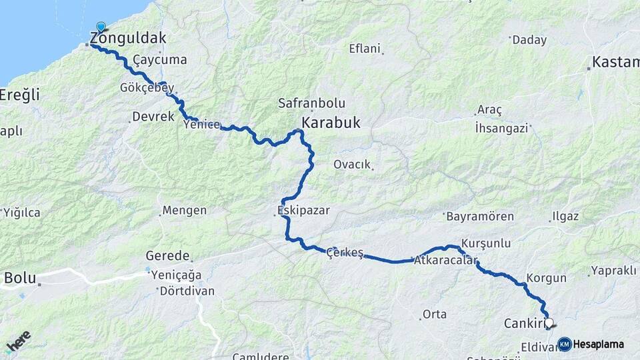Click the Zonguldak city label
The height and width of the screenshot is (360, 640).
tap(130, 37)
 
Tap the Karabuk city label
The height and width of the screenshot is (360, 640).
tap(331, 123)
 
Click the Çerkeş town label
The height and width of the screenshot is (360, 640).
tap(345, 253)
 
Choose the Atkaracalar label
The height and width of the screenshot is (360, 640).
tap(446, 261)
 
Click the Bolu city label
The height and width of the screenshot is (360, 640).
tap(20, 277)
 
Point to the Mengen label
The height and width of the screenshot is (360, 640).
tap(184, 211)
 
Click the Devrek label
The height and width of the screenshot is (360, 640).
tap(153, 117)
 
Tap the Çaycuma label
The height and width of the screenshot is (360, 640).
tap(160, 60)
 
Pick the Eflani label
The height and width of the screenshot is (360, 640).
tap(365, 49)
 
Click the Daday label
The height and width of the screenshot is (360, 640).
tap(529, 40)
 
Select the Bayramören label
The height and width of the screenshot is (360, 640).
tap(480, 217)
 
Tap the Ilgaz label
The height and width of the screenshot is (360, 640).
tap(565, 217)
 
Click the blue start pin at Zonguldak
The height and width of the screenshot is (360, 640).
tap(101, 27)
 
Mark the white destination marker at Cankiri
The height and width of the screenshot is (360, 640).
tap(549, 323)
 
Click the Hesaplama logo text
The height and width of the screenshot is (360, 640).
tap(599, 345)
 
